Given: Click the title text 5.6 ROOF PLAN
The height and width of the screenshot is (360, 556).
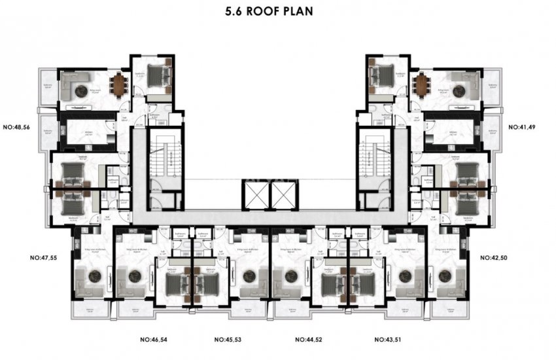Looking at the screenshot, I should [x=277, y=11].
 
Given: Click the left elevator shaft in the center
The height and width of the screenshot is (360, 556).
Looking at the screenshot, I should [x=254, y=194].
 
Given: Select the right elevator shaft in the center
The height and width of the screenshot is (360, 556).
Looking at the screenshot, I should [x=283, y=194].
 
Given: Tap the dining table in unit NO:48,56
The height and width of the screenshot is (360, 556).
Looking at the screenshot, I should [x=118, y=83].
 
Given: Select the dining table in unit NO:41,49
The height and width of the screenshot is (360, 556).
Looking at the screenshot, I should [x=420, y=83].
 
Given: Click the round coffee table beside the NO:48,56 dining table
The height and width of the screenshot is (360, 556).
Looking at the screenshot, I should [x=81, y=92].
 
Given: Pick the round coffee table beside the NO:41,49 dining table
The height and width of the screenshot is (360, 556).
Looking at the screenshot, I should [x=457, y=92].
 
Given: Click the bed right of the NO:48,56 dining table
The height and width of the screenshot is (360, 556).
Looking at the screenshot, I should [x=159, y=75].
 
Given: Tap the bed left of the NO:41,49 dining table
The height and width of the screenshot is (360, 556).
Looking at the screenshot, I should [x=380, y=75].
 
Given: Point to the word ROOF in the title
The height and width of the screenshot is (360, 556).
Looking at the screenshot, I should [x=275, y=11].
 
